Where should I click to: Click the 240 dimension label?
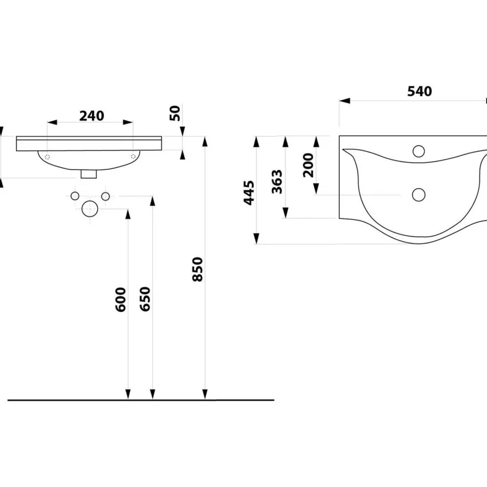[x=92, y=116]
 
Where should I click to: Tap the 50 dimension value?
[x=175, y=113]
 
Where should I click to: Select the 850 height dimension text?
[x=198, y=270]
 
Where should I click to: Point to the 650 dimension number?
[x=145, y=299]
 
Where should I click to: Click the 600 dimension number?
[x=121, y=299]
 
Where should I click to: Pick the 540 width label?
[x=419, y=91]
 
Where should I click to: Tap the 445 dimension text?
[x=249, y=193]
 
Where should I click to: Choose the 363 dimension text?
[x=277, y=182]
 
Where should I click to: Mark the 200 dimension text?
[x=308, y=165]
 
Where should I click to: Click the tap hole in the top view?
[x=419, y=151]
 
